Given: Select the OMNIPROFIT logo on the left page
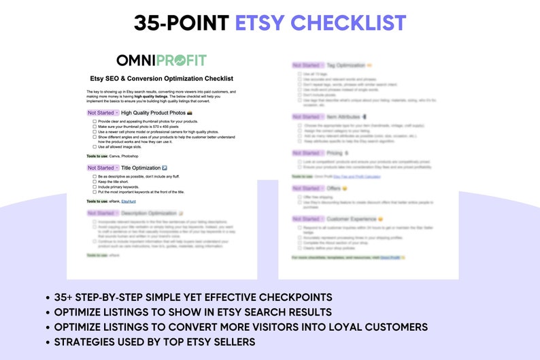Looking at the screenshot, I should (x=161, y=61).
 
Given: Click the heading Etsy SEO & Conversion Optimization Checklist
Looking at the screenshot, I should (x=162, y=78).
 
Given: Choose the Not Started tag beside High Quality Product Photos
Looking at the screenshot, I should (x=103, y=112).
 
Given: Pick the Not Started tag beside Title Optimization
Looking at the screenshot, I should (x=103, y=167).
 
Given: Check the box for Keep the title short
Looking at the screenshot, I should (x=94, y=182).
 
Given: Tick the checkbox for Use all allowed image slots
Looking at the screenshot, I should (x=94, y=146).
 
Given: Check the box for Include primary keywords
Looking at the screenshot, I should (x=94, y=186).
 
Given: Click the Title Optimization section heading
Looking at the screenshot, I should (x=140, y=167).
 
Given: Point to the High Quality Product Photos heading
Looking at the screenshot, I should (x=153, y=112).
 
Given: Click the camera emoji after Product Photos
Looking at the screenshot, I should (x=190, y=112).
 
